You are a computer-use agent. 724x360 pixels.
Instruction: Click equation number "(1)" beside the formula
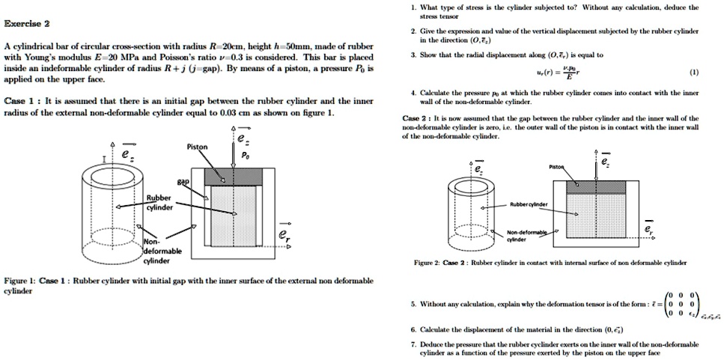[693, 73]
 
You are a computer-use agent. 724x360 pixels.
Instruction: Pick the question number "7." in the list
[413, 343]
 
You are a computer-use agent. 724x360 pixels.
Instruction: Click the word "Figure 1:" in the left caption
[19, 280]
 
